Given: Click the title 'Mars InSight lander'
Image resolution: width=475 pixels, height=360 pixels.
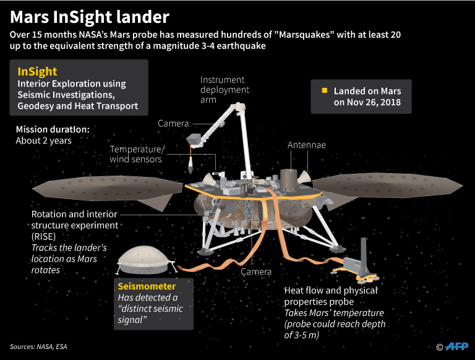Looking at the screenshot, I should coord(89,15).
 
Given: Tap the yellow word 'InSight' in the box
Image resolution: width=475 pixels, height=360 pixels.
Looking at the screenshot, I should coord(38,72).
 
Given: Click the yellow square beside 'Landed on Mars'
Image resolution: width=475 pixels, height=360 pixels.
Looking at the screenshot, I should coord(323,91).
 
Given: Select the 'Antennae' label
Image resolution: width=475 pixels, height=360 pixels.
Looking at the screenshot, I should coord(307,145).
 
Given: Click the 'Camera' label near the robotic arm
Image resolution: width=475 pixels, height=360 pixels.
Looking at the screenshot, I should coord(173,124).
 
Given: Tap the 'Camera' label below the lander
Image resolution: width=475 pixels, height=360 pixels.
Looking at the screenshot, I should coord(256,272).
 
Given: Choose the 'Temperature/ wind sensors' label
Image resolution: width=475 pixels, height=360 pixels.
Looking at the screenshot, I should coord(136,155).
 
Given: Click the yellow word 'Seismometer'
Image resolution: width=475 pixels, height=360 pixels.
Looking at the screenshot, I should coord(148,286).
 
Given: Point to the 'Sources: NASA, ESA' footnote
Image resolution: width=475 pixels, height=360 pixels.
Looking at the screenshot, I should coord(40,346).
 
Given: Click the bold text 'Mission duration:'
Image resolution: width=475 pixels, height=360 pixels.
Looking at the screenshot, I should coord(53,129).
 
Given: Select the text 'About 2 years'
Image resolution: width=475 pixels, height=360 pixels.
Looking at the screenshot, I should coord(44,140).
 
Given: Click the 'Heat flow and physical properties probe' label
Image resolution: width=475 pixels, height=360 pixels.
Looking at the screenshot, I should coord(330,296).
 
